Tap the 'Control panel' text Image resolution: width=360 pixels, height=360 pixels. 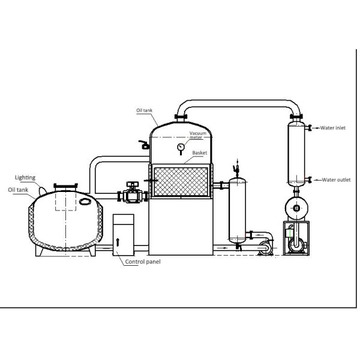coord(142,262)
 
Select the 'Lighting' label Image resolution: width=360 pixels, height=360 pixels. coord(25,178)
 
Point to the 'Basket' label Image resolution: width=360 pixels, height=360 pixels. coord(200,153)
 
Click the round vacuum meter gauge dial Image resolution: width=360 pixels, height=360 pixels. coord(180,148)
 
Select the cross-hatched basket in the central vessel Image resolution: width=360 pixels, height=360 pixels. coord(181,181)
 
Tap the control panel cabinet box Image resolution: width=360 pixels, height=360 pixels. coord(125,233)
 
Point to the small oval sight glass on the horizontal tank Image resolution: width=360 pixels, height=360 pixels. coord(83,202)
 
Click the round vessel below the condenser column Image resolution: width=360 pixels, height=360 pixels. coord(296,208)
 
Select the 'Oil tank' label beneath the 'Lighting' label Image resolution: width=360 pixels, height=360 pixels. coord(19,189)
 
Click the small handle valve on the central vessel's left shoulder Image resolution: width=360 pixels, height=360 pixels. coord(142,144)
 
